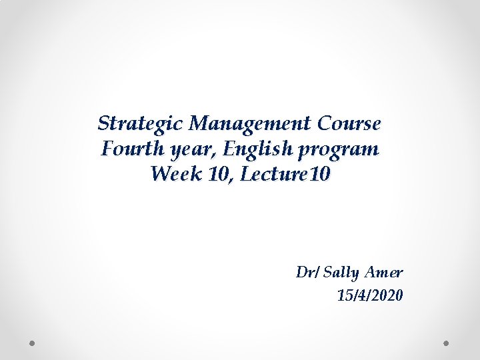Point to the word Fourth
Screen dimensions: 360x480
[133, 149]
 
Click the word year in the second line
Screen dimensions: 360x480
[189, 150]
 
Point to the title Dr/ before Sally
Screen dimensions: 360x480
[308, 272]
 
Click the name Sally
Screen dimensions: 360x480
[343, 273]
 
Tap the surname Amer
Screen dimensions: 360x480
[385, 272]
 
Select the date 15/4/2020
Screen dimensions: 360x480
[370, 295]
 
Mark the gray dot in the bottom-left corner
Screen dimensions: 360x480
[32, 343]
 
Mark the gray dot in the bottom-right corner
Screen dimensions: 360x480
[447, 343]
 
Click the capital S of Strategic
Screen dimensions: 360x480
[104, 123]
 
